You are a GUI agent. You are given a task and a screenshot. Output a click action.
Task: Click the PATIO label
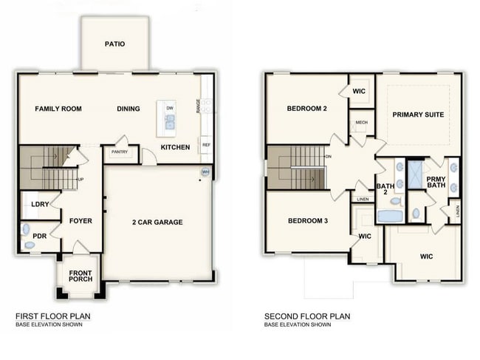pyautogui.click(x=114, y=44)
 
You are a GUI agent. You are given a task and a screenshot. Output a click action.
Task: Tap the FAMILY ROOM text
pyautogui.click(x=58, y=109)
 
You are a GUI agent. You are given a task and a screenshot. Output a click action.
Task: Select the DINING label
pyautogui.click(x=128, y=109)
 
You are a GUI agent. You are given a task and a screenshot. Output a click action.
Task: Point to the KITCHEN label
pyautogui.click(x=176, y=147)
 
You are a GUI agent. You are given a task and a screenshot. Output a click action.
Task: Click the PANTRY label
pyautogui.click(x=120, y=152)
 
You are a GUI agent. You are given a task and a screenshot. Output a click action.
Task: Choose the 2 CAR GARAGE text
pyautogui.click(x=157, y=222)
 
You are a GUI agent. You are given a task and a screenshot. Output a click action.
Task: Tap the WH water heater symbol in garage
pyautogui.click(x=205, y=172)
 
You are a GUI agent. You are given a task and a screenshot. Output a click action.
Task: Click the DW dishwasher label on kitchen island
pyautogui.click(x=170, y=109)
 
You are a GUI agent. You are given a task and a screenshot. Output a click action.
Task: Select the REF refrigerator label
pyautogui.click(x=206, y=146)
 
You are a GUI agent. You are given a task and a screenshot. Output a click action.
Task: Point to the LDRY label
pyautogui.click(x=40, y=205)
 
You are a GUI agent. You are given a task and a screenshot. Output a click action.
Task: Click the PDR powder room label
pyautogui.click(x=40, y=237)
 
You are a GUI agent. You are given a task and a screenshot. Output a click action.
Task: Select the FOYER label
pyautogui.click(x=80, y=220)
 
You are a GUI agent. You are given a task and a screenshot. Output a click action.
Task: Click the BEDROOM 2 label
pyautogui.click(x=307, y=109)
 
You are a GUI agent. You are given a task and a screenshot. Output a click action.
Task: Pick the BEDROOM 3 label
pyautogui.click(x=307, y=221)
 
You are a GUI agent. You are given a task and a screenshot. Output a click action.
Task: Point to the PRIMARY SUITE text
pyautogui.click(x=418, y=115)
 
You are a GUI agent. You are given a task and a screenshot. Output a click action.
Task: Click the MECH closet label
pyautogui.click(x=362, y=123)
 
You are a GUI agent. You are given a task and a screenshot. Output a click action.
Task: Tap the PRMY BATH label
pyautogui.click(x=436, y=183)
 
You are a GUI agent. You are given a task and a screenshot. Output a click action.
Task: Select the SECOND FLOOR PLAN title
pyautogui.click(x=307, y=316)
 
